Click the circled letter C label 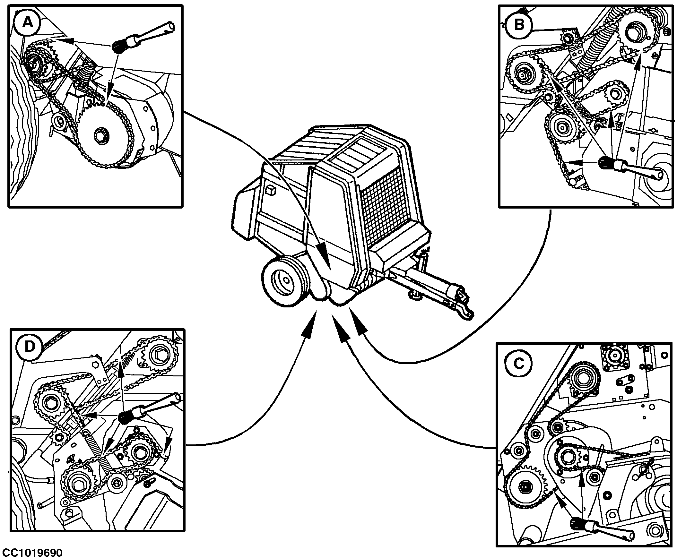pos(519,363)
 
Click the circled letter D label pos(30,347)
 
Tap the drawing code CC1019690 pos(31,553)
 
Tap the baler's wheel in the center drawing pos(283,281)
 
